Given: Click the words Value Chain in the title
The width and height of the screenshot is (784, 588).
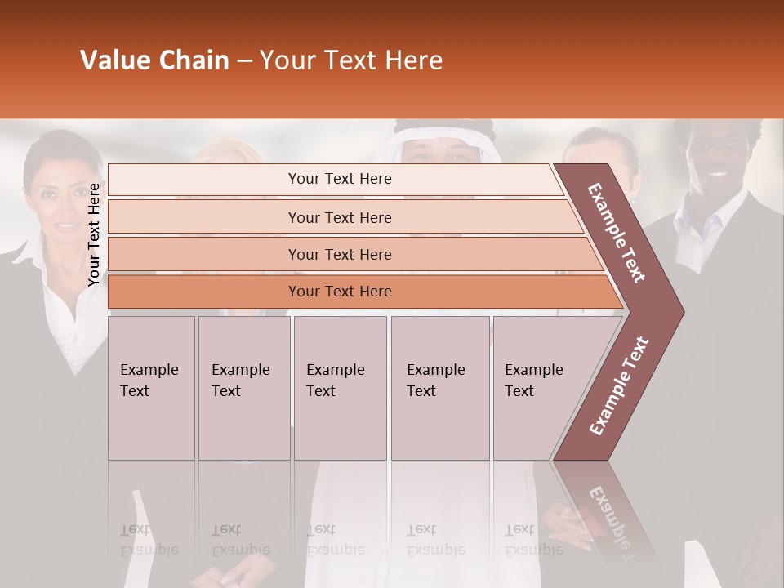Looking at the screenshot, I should [154, 60].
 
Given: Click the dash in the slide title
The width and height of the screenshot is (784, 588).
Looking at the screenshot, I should [244, 61].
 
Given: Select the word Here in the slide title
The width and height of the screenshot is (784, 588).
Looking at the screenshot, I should [413, 60].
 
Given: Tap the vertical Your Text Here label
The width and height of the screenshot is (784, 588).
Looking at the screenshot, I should [94, 234].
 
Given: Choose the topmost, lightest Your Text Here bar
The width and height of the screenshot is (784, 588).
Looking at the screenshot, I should [339, 179].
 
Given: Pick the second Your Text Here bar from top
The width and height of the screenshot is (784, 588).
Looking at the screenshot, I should [339, 217].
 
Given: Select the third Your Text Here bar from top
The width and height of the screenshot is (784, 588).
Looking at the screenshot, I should [339, 254].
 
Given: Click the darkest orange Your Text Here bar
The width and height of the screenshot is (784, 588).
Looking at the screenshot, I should [339, 292].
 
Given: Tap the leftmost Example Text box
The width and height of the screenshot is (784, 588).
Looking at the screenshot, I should [151, 388].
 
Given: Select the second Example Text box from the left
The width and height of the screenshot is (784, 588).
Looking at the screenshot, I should [243, 388].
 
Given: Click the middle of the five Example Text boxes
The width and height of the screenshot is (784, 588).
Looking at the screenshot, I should [340, 388].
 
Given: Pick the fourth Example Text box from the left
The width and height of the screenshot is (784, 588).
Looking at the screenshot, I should [439, 388].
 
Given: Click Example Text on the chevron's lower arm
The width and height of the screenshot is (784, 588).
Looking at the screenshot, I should [618, 385].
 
